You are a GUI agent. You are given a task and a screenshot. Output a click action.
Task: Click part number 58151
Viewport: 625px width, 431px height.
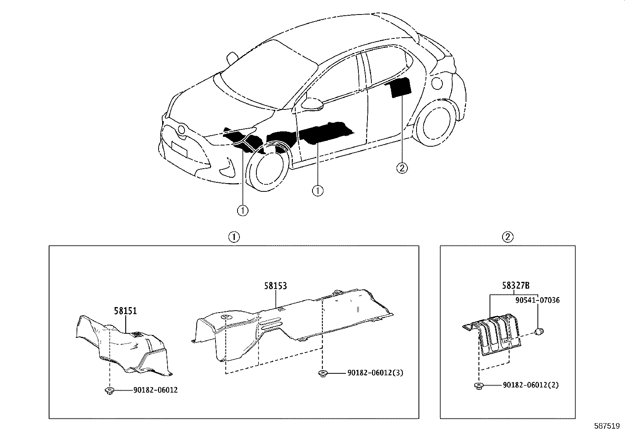click(125, 311)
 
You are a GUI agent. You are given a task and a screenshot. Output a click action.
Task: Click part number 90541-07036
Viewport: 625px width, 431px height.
click(537, 300)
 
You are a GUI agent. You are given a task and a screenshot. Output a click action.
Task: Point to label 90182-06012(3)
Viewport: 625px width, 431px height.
click(375, 373)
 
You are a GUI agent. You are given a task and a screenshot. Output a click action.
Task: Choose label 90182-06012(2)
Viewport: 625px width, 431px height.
click(530, 385)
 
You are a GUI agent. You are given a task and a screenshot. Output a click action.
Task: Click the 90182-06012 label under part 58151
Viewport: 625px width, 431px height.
click(155, 390)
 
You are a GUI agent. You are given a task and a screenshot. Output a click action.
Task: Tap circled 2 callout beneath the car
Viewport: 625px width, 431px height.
click(401, 168)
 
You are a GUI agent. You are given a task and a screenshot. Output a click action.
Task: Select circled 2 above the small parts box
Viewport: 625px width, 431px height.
click(508, 237)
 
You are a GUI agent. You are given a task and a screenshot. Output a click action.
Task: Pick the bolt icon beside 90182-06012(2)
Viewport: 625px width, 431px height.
click(478, 386)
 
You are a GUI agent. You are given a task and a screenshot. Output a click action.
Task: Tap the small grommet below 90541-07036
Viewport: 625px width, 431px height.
click(540, 332)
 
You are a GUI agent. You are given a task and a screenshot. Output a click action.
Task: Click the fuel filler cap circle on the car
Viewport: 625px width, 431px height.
click(437, 83)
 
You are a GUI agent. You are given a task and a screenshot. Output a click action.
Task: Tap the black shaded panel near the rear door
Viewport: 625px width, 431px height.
click(401, 87)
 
